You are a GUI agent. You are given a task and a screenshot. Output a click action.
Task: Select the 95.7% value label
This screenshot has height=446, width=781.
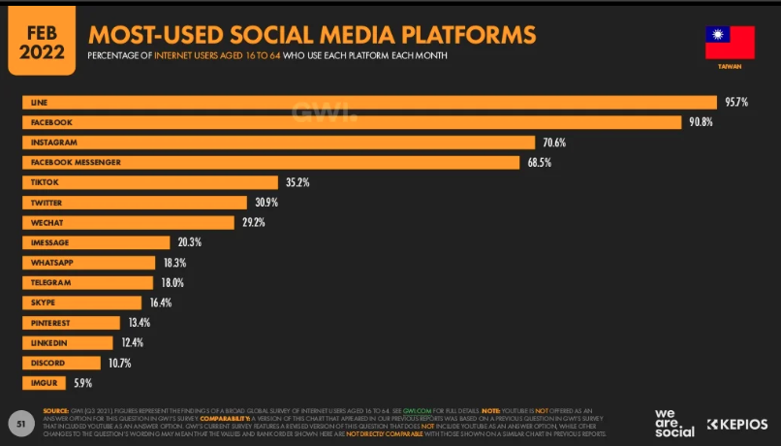click(735, 102)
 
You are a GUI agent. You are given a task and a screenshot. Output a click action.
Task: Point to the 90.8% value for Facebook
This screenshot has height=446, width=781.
click(700, 122)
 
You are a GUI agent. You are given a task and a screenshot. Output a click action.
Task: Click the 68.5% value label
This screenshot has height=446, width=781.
click(540, 162)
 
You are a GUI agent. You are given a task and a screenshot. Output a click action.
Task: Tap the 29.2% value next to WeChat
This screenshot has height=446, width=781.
click(253, 222)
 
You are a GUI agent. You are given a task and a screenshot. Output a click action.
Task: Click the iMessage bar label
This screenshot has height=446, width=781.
click(50, 242)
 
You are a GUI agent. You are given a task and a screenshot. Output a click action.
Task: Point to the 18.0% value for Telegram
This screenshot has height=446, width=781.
click(172, 282)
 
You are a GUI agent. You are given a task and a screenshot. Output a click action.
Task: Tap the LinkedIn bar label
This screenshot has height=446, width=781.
click(49, 342)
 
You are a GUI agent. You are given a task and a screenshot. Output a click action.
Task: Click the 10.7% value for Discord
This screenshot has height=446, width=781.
click(119, 363)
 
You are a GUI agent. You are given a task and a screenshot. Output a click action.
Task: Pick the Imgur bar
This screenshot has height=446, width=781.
click(44, 382)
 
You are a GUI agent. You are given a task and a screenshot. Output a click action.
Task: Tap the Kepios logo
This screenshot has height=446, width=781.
click(737, 424)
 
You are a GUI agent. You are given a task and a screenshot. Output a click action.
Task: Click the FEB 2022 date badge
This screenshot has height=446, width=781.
click(41, 36)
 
